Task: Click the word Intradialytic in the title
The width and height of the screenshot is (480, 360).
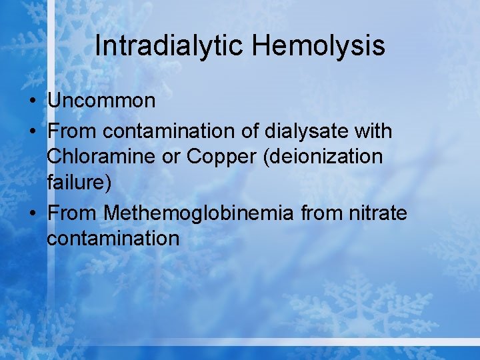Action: (x=169, y=46)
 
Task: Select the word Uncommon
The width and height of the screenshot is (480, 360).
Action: (x=101, y=101)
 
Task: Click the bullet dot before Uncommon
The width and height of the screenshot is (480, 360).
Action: (x=32, y=101)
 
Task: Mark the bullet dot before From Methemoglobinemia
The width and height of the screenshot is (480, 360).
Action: (x=32, y=213)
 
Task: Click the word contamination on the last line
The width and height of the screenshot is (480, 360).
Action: (x=113, y=238)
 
